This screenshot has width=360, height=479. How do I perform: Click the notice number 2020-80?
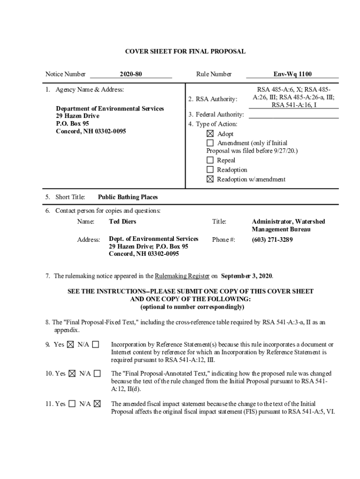pos(130,74)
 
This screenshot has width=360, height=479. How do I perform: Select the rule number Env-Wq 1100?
pos(293,74)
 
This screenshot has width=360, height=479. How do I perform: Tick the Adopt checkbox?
pos(210,134)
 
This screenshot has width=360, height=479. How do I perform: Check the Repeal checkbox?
pos(210,160)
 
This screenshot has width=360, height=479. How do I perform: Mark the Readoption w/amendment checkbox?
pos(210,179)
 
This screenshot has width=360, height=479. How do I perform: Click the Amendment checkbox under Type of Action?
pos(210,143)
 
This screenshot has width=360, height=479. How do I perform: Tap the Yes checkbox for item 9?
pos(70,345)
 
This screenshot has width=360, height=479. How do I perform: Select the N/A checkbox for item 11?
pos(97,404)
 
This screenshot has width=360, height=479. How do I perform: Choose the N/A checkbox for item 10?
pos(97,374)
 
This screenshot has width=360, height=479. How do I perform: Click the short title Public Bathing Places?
pos(128,197)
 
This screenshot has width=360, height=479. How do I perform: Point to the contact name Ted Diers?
pos(122,221)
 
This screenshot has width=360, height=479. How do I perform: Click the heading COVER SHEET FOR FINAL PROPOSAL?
pos(185,51)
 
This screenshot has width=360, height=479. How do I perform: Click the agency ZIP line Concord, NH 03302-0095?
pos(91,131)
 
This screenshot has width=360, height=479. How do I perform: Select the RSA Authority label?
pos(213,99)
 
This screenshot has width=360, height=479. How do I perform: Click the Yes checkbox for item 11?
pos(72,404)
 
